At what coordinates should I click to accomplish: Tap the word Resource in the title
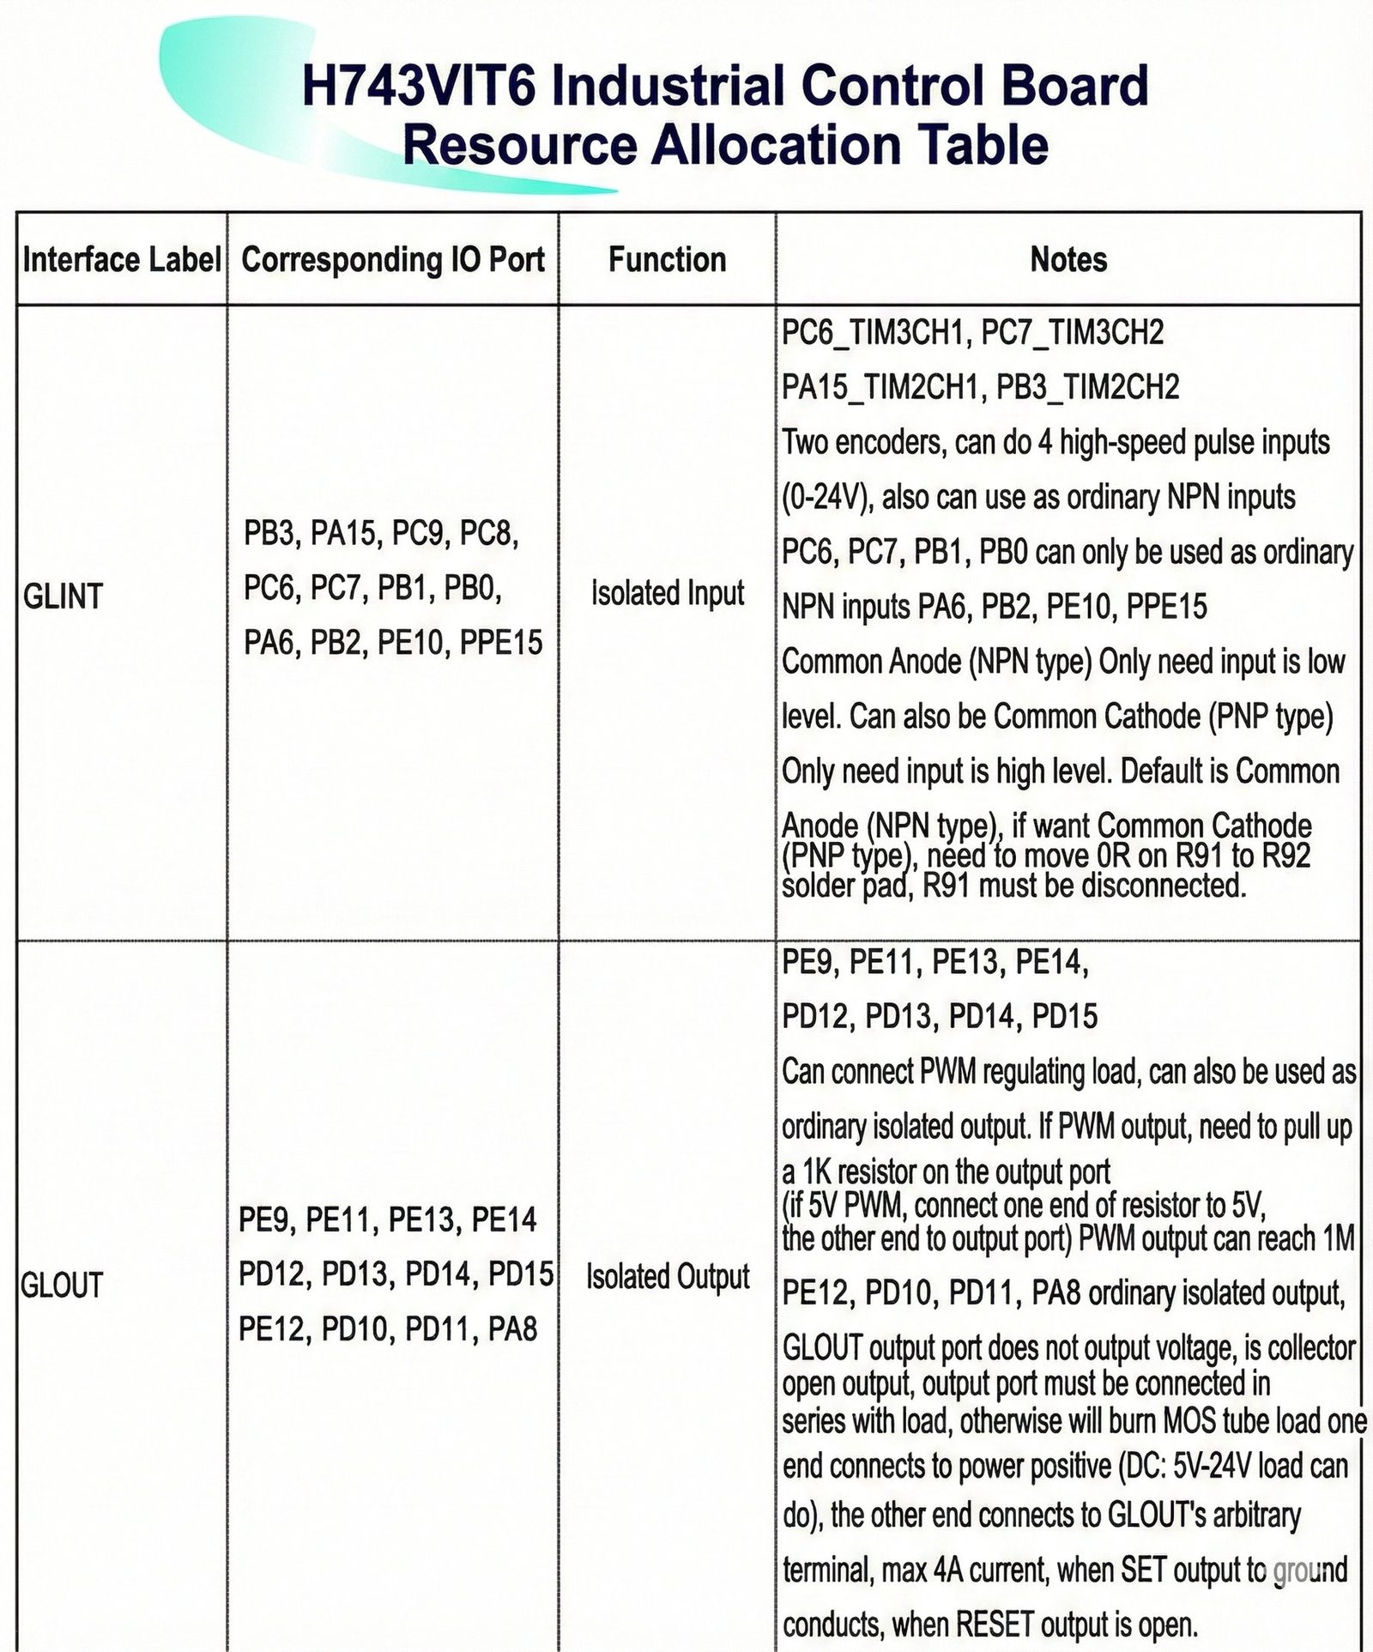coord(518,144)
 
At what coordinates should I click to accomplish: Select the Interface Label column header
coord(122,259)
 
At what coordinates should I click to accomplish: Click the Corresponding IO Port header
coord(393,259)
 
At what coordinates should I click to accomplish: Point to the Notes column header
coord(1068,259)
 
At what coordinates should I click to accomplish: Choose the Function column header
coord(667,259)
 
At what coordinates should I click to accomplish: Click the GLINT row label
coord(63,596)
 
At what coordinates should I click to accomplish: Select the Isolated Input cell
coord(667,593)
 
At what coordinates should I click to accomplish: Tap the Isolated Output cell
coord(668,1276)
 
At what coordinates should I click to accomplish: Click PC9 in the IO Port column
coord(417,534)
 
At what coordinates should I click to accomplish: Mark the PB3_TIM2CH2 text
coord(1087,387)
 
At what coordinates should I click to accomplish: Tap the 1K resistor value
coord(816,1172)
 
